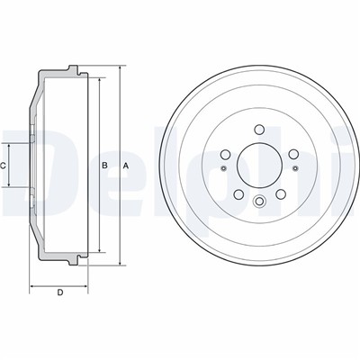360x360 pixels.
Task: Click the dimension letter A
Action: point(126,166)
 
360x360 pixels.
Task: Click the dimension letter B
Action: point(104,166)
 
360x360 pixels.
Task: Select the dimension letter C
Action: point(3,166)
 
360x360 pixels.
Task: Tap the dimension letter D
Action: point(60,292)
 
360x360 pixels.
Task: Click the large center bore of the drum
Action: point(259,166)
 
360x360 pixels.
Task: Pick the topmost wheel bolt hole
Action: point(259,130)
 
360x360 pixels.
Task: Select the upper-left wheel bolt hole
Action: point(225,155)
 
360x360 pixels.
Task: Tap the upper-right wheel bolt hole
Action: point(293,155)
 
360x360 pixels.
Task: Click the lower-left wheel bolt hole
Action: point(238,194)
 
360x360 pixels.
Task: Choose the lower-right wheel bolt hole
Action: point(280,194)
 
